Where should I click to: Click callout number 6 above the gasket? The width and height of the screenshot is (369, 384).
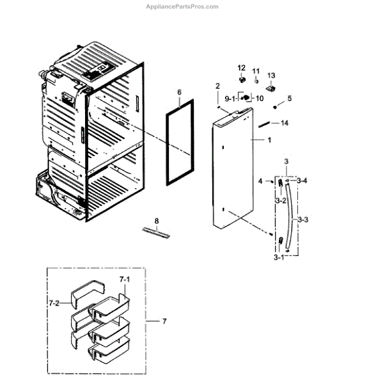tap(180, 92)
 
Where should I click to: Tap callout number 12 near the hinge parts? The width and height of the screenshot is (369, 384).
tap(242, 68)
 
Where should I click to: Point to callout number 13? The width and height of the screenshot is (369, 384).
tap(271, 76)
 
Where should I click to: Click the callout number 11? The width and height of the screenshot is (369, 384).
tap(256, 71)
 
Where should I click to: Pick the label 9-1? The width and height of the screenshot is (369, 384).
tap(229, 99)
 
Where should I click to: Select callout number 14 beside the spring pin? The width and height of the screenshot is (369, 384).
tap(285, 122)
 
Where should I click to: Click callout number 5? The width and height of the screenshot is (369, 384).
tap(289, 99)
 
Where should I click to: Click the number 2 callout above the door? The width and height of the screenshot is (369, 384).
tap(217, 86)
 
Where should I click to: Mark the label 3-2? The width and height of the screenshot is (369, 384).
tap(280, 201)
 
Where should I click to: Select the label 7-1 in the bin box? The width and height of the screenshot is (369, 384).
tap(125, 280)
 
